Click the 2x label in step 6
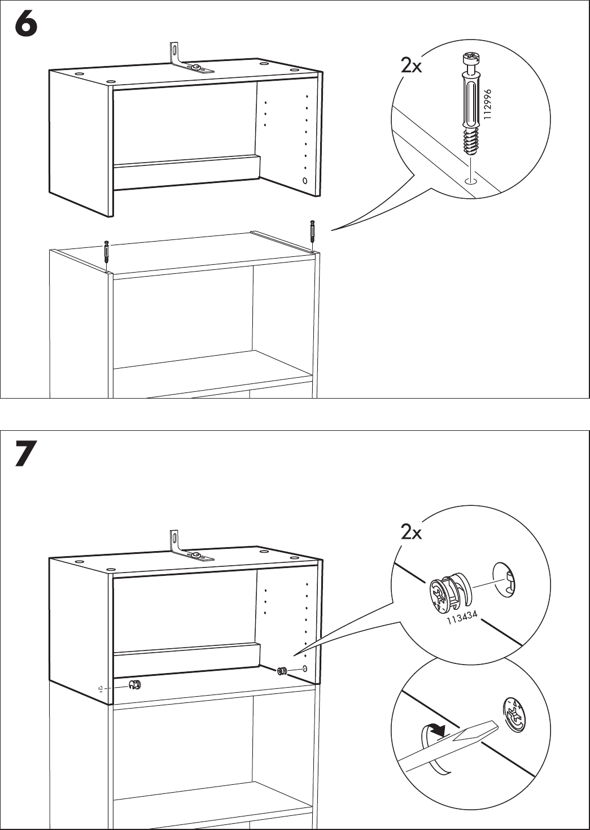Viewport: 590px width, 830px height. [x=411, y=66]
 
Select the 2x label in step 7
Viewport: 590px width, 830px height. [x=411, y=532]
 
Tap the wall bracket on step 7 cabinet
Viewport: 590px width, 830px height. [x=186, y=548]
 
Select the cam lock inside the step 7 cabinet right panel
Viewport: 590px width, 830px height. [x=282, y=671]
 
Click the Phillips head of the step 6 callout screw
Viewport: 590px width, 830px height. [x=471, y=58]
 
